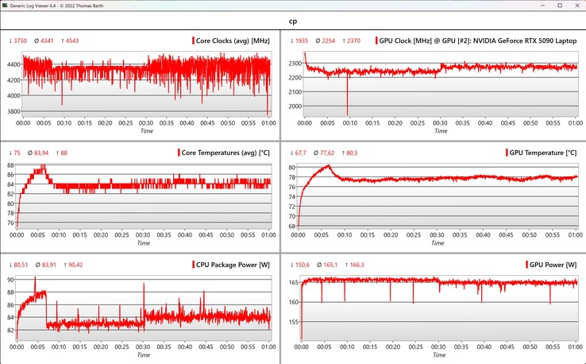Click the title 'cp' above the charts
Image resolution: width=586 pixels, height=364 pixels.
(293, 22)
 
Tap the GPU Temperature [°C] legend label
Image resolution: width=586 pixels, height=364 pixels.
(542, 152)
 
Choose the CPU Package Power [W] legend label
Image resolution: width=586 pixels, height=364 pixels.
(231, 264)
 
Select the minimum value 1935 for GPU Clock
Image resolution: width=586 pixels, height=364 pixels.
(303, 41)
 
